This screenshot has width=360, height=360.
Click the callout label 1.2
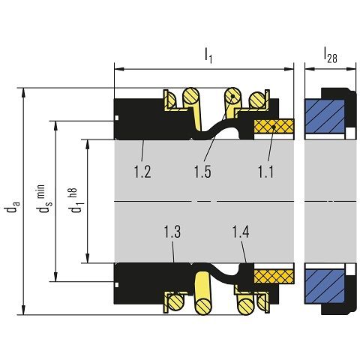click(142, 172)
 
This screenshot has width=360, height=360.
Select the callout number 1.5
click(202, 172)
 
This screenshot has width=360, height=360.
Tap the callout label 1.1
click(265, 172)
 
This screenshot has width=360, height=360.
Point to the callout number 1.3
click(172, 232)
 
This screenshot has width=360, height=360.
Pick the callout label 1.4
click(241, 232)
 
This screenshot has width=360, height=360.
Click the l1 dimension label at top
click(208, 55)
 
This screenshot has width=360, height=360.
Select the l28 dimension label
click(331, 55)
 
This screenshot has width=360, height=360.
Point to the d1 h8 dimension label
click(77, 200)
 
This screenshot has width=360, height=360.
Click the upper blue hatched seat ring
click(325, 116)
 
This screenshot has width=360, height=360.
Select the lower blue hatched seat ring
click(325, 286)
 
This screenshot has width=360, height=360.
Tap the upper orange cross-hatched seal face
click(274, 126)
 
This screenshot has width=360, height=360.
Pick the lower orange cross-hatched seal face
click(274, 277)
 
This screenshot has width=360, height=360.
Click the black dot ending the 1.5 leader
click(232, 96)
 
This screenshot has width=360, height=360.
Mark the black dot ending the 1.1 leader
click(274, 127)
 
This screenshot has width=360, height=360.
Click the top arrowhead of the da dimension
click(23, 92)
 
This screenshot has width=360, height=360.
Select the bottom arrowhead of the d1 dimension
click(87, 259)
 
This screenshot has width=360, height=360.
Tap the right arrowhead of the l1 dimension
click(289, 69)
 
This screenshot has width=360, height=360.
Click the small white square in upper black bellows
click(117, 118)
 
